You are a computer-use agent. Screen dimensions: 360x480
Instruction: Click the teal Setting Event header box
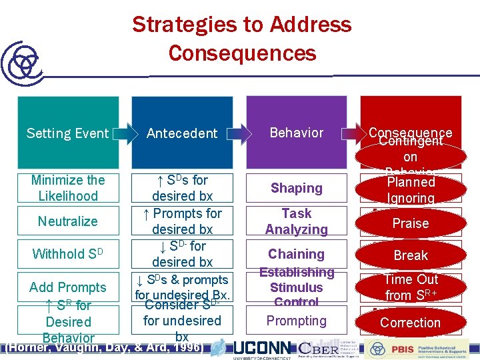click(x=67, y=133)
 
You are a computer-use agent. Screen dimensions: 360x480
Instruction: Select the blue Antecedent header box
click(x=182, y=133)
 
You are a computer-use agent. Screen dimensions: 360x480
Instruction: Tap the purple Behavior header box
click(x=297, y=133)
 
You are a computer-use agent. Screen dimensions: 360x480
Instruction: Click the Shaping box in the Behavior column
click(x=297, y=189)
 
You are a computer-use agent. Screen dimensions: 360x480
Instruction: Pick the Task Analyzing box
click(x=297, y=221)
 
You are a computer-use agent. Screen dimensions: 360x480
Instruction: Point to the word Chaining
click(x=296, y=254)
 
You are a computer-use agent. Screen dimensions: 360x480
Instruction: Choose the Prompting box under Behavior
click(x=297, y=321)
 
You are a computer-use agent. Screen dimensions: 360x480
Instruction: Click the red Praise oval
click(x=411, y=223)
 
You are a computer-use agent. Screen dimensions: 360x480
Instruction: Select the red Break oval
click(x=411, y=255)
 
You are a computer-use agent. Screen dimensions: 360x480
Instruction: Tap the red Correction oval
click(x=411, y=323)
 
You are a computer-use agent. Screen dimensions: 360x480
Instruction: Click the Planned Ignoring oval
click(x=411, y=189)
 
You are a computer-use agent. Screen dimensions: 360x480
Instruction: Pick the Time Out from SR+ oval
click(x=411, y=287)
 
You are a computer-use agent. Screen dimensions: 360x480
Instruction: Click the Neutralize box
click(x=67, y=221)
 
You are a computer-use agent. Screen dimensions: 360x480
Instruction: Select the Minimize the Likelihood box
click(x=67, y=188)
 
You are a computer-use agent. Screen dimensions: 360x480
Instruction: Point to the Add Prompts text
click(x=67, y=287)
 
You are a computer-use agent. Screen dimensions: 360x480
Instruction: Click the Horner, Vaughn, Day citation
click(x=103, y=347)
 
